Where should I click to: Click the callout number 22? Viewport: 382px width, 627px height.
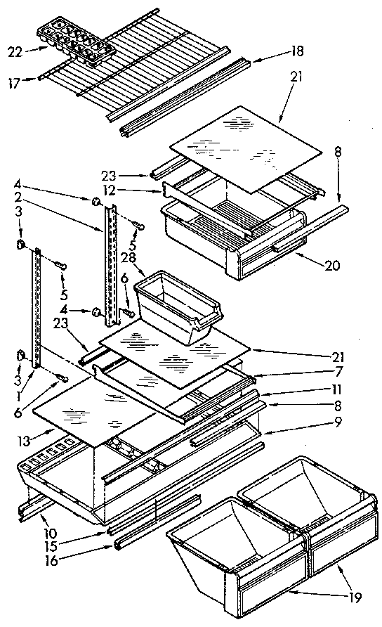tap(14, 51)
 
